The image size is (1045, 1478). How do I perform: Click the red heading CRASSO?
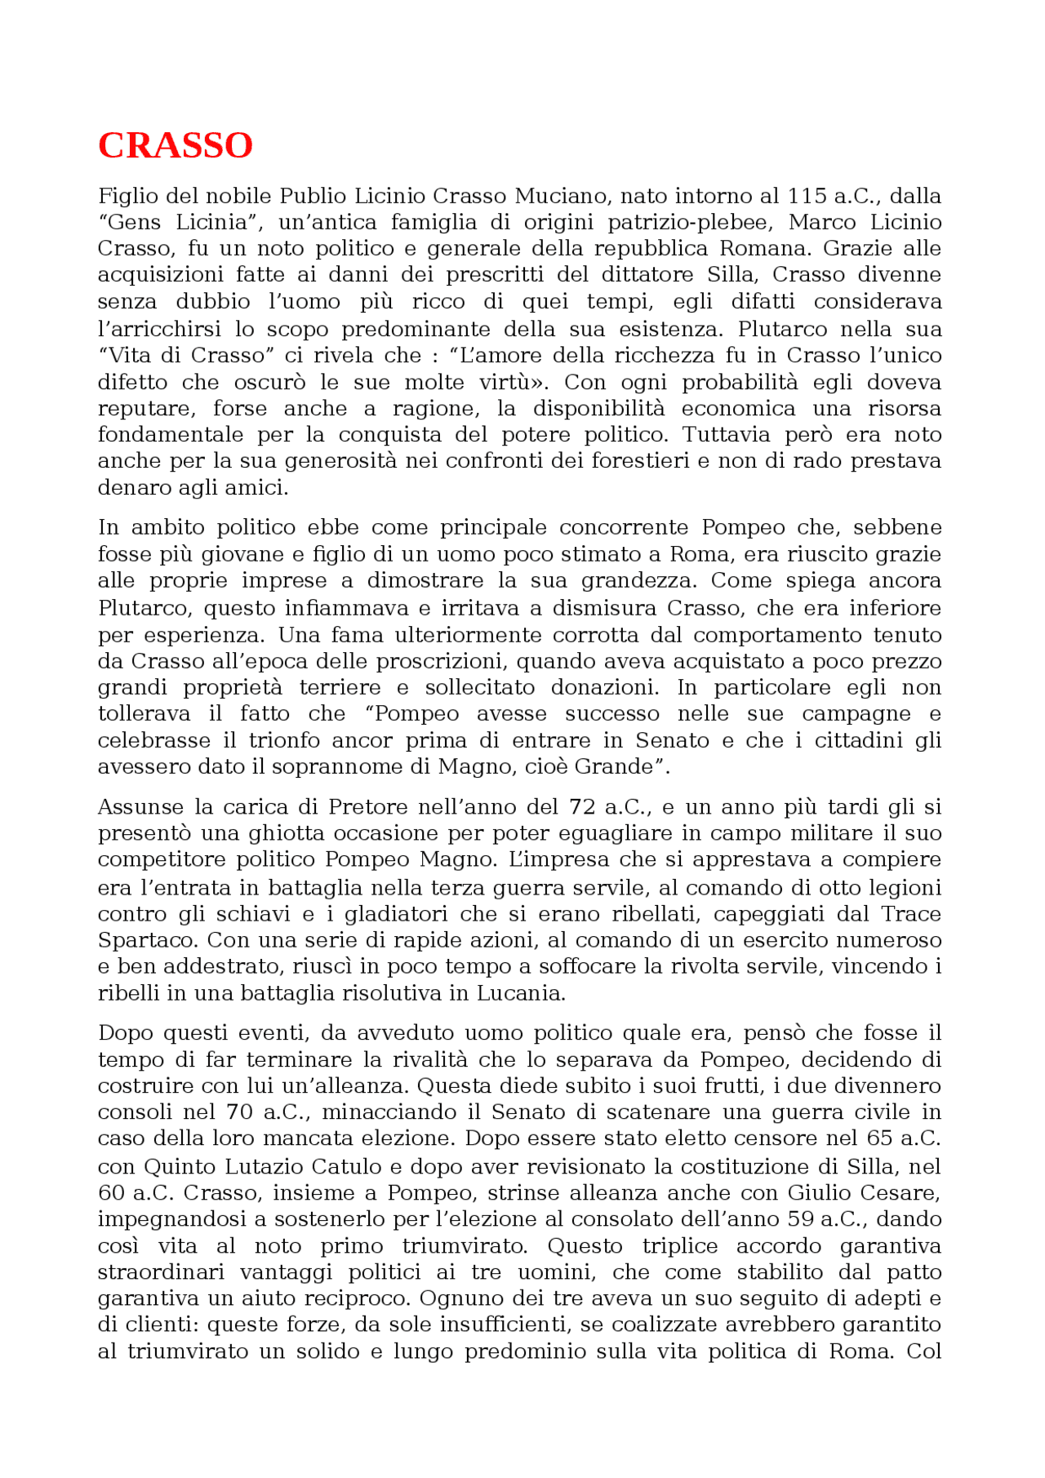[175, 146]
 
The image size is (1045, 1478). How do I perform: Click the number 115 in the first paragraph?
[807, 197]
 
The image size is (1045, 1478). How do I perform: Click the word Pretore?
[368, 808]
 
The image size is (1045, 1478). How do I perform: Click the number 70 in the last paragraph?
[239, 1113]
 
